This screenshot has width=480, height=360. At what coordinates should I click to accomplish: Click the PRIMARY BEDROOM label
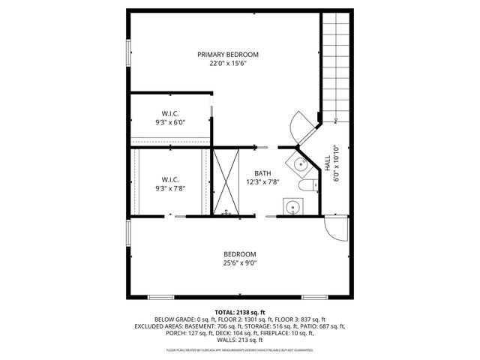tap(228, 54)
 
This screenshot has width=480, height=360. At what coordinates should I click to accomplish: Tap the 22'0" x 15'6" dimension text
tap(228, 64)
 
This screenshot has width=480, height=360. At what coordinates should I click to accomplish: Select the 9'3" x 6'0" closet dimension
tap(169, 122)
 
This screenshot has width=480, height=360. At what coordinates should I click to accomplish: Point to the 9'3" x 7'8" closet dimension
tap(169, 187)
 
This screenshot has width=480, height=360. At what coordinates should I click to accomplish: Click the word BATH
tap(262, 172)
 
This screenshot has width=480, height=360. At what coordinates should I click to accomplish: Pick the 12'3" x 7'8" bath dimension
tap(262, 181)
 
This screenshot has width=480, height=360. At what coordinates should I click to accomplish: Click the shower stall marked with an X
tap(226, 182)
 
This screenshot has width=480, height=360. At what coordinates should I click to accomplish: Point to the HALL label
tap(327, 164)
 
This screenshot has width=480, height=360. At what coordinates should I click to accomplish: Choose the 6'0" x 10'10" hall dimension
tap(337, 164)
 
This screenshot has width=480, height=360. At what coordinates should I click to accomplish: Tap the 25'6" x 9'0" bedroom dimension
tap(240, 263)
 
